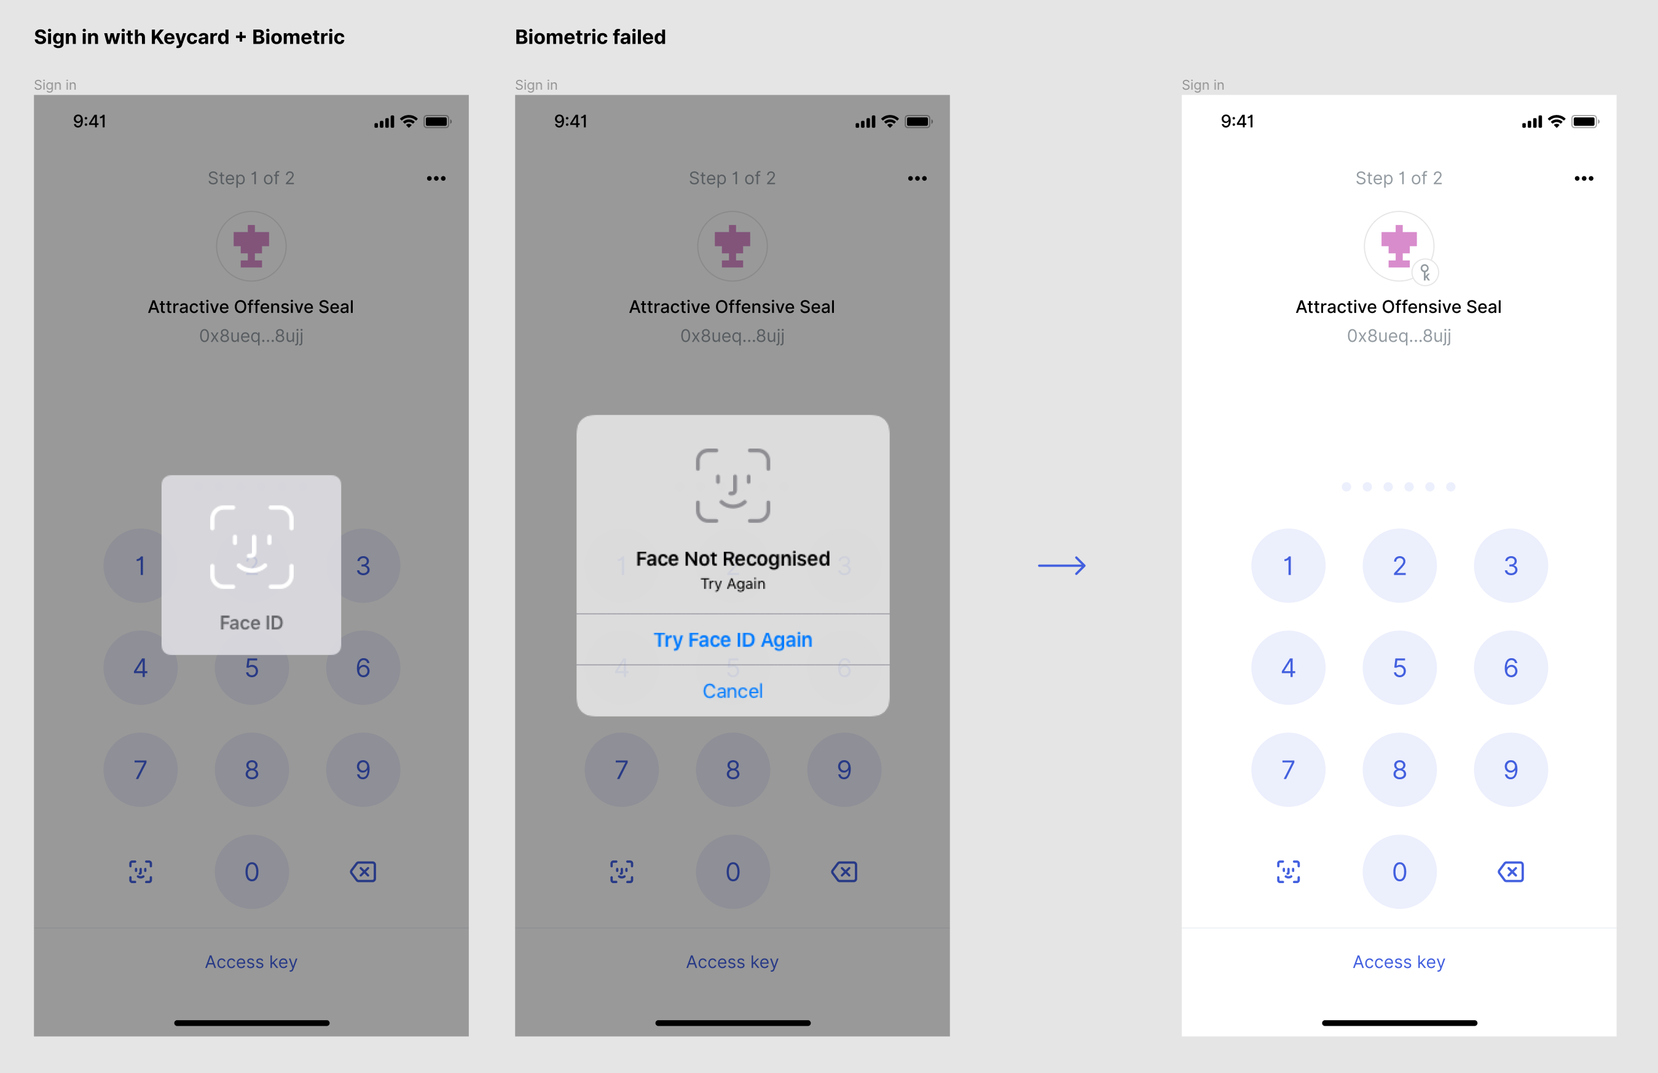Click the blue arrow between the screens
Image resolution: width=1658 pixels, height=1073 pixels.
[1062, 565]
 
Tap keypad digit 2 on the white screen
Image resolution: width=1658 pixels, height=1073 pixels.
[1399, 565]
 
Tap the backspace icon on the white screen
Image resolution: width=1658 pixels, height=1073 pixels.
[1511, 871]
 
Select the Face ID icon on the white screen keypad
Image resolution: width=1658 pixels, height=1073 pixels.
[1288, 871]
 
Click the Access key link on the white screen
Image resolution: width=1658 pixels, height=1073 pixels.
[1399, 962]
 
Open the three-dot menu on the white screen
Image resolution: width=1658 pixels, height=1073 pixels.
[1584, 178]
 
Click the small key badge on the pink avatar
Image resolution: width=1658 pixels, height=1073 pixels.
[1425, 272]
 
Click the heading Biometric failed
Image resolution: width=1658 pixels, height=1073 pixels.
[590, 37]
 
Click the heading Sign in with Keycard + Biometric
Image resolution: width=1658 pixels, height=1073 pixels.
[189, 37]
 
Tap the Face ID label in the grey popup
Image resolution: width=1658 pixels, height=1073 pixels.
[251, 622]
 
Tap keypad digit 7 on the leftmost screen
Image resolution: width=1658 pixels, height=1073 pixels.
[140, 769]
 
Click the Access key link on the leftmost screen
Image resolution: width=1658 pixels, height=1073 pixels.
[251, 962]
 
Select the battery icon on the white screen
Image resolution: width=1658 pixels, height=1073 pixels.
[1585, 121]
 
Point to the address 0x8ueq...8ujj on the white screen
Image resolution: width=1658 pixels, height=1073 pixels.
[1399, 336]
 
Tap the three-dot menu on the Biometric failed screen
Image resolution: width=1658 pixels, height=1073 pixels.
[917, 178]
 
